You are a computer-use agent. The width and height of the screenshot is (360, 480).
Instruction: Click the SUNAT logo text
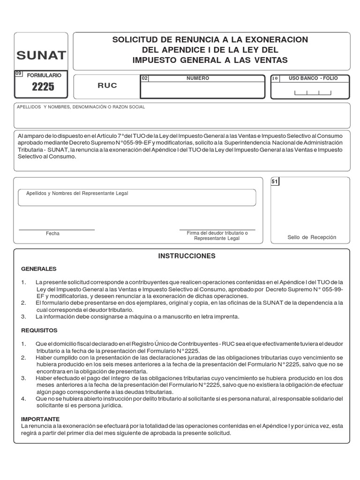point(41,56)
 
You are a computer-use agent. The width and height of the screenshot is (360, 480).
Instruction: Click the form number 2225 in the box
point(43,87)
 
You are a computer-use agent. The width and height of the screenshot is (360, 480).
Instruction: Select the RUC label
point(107,86)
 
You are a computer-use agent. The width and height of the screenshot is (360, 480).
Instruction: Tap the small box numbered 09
point(18,74)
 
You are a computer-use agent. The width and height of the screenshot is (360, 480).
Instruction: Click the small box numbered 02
point(144,79)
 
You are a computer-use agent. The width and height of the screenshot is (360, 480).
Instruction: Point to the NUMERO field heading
point(197,78)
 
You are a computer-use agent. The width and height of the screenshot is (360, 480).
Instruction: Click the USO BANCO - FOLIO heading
point(313,78)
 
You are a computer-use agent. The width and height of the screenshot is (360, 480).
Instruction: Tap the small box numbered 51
point(275,181)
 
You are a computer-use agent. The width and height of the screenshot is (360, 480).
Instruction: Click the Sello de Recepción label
point(312,237)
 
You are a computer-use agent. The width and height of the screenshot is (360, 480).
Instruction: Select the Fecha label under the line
point(52,233)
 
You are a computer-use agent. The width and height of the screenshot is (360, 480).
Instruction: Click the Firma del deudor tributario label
point(217,233)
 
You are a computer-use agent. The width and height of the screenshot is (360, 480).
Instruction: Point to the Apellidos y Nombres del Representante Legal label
point(77,193)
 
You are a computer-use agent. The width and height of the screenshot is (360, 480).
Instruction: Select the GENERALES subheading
point(38,269)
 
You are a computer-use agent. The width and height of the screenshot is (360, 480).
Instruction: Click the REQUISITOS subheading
point(39,330)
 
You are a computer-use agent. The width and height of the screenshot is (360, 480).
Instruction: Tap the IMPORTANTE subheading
point(40,419)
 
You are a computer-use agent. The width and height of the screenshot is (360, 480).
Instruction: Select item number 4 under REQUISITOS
point(23,398)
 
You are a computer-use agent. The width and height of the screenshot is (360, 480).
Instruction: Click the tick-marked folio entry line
point(312,92)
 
